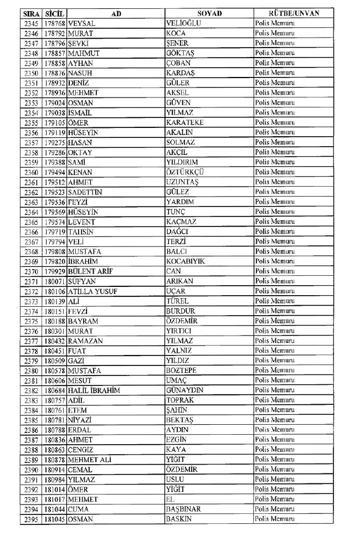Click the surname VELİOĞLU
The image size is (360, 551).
pyautogui.click(x=183, y=23)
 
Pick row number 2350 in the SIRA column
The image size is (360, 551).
pyautogui.click(x=32, y=73)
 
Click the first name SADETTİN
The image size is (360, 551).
pyautogui.click(x=85, y=192)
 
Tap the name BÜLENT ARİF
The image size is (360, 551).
pyautogui.click(x=91, y=271)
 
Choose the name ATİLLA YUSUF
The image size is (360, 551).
pyautogui.click(x=92, y=291)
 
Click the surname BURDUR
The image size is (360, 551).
pyautogui.click(x=181, y=311)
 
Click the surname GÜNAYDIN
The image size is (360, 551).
pyautogui.click(x=185, y=390)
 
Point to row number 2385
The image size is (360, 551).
pyautogui.click(x=32, y=420)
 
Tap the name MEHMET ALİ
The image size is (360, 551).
pyautogui.click(x=90, y=460)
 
